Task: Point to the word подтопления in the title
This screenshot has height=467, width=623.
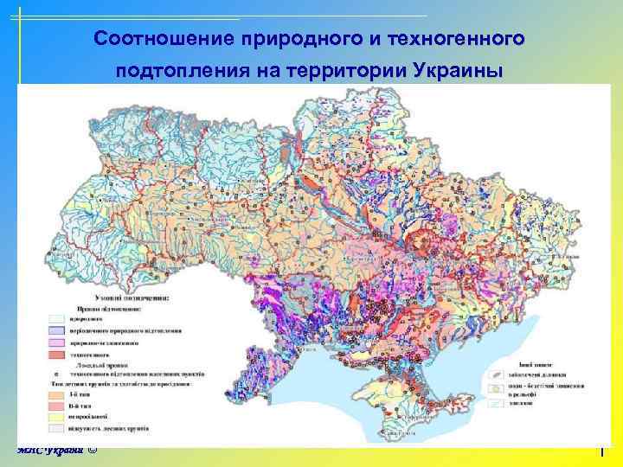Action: [x=182, y=70]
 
